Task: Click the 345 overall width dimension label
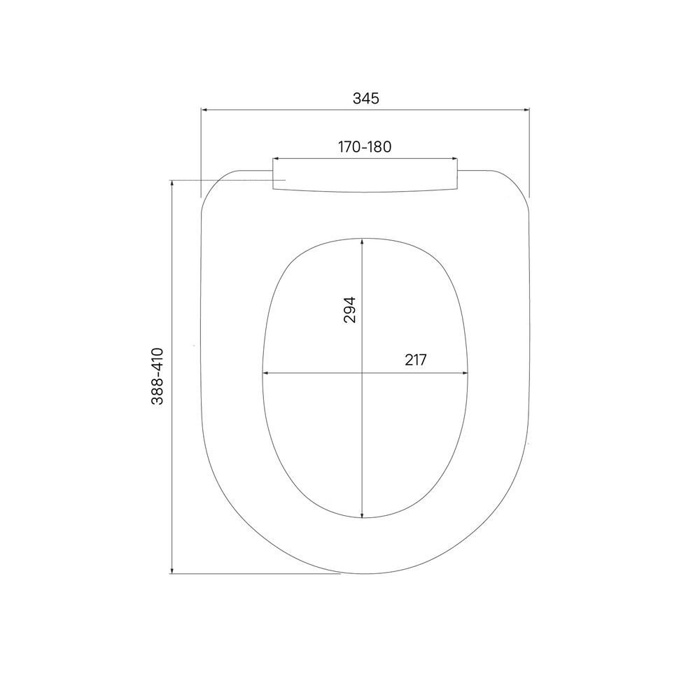click(x=365, y=98)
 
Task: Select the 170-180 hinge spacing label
click(x=365, y=147)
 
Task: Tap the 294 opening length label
click(x=349, y=309)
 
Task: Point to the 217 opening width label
click(x=416, y=360)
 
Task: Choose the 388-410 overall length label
click(x=157, y=377)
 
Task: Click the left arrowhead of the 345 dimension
click(x=204, y=109)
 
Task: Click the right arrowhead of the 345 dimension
click(x=526, y=109)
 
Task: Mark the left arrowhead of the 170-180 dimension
click(x=276, y=158)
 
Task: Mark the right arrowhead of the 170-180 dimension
click(x=455, y=158)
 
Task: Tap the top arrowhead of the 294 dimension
click(x=362, y=241)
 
